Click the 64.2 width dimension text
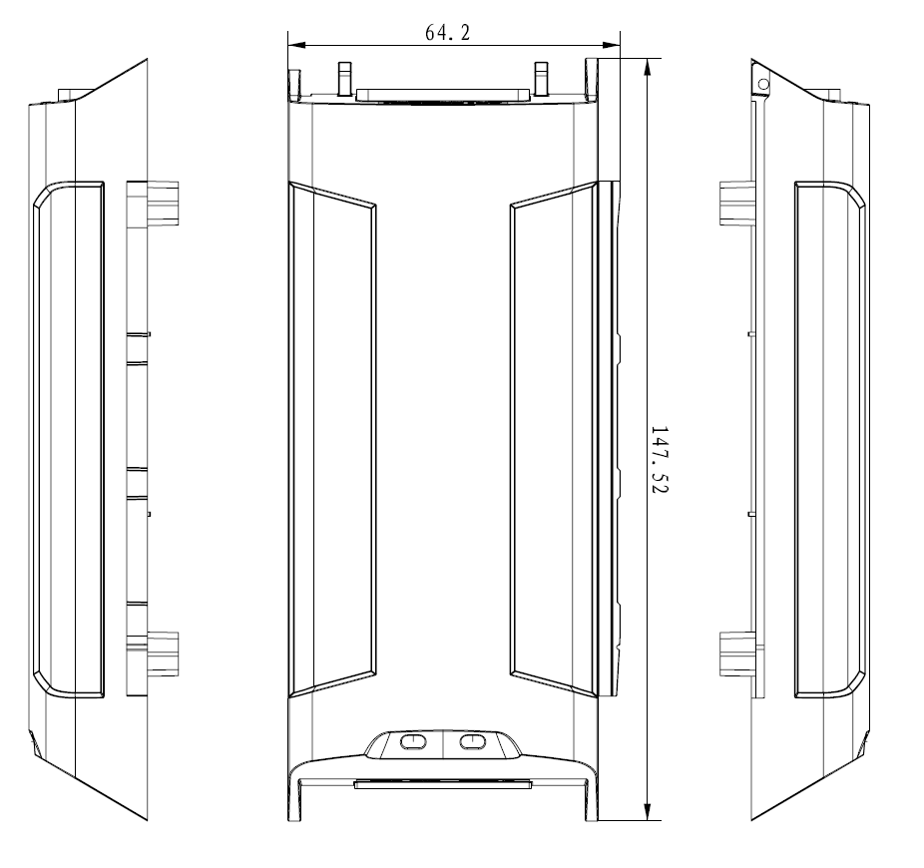tap(448, 32)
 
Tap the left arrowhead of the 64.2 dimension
tap(293, 44)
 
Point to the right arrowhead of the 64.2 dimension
tap(613, 44)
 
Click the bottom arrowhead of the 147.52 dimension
tap(650, 813)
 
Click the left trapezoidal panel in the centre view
tap(332, 439)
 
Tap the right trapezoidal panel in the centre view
tap(552, 439)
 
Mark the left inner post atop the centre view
tap(344, 77)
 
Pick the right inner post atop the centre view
tap(542, 77)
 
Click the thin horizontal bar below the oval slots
tap(441, 785)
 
